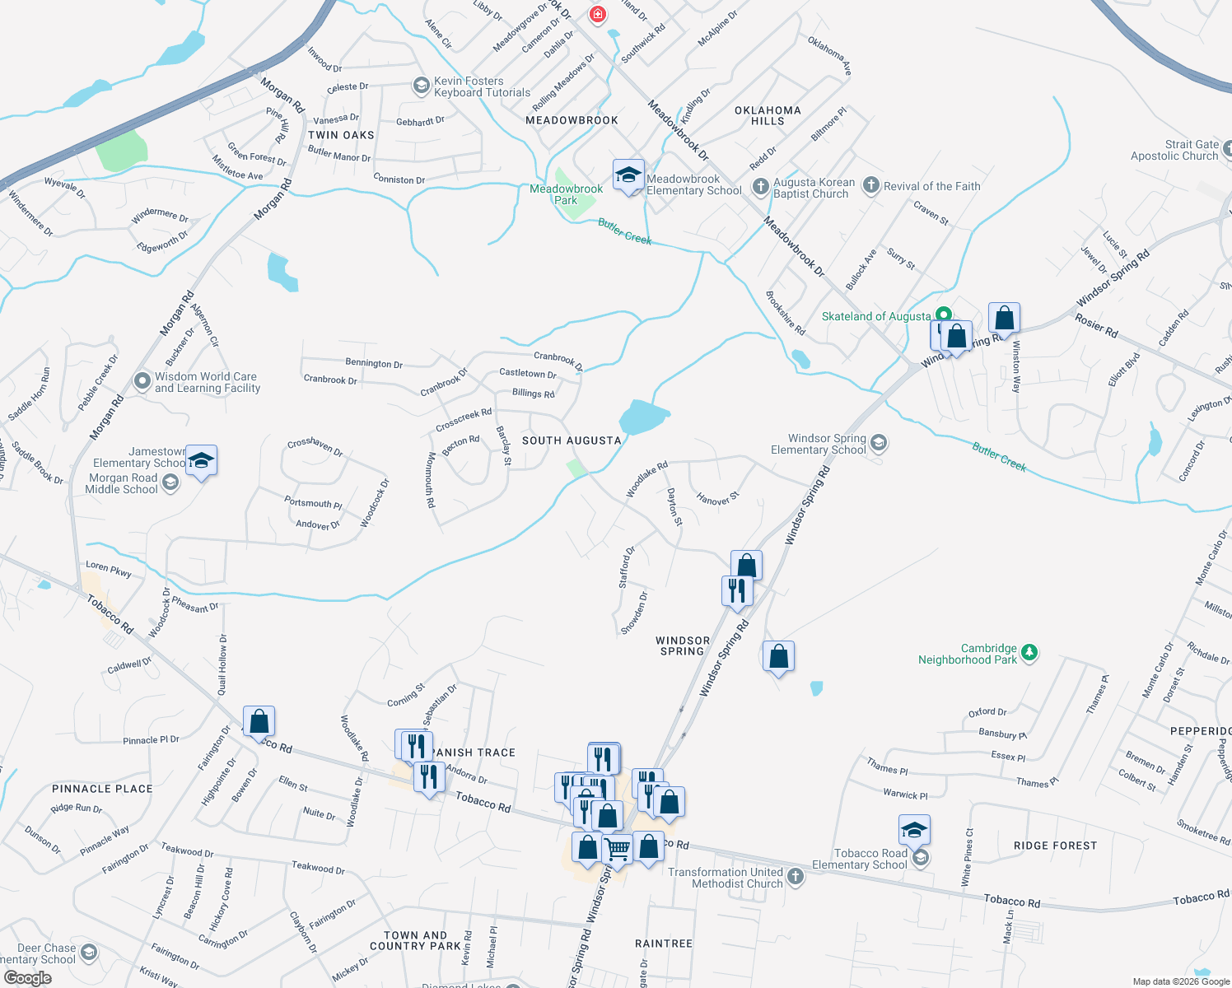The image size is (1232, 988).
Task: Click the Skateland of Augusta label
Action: click(x=876, y=316)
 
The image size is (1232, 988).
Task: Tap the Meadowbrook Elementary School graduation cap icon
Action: click(x=628, y=175)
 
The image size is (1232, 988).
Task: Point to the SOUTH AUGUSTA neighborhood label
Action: click(x=572, y=440)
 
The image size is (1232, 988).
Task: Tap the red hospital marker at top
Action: click(x=597, y=14)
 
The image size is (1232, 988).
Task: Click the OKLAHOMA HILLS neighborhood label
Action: click(x=768, y=115)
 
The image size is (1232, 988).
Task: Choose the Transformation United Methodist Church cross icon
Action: click(x=795, y=876)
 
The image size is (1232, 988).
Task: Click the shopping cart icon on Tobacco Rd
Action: click(x=617, y=848)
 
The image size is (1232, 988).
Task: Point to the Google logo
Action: click(x=27, y=978)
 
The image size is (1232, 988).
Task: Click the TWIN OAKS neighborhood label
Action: click(x=341, y=135)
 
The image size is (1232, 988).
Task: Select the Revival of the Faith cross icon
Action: click(x=870, y=186)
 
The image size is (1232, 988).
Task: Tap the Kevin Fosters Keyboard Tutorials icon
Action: click(x=421, y=86)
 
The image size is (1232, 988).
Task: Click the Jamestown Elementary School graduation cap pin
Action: click(x=201, y=460)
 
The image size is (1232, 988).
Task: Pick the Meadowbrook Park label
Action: click(x=566, y=194)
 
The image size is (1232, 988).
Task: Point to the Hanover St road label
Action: click(x=718, y=498)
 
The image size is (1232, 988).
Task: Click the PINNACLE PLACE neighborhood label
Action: click(x=102, y=789)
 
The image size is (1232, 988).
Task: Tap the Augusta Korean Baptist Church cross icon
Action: click(x=760, y=187)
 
